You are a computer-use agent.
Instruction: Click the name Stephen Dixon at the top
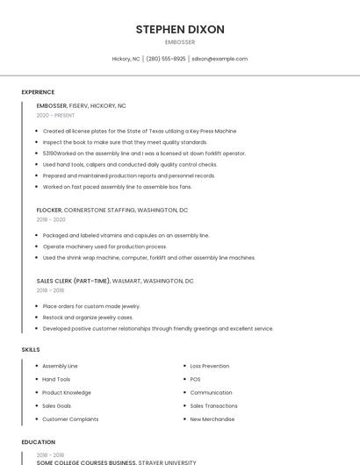(x=180, y=29)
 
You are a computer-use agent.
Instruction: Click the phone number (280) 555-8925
(x=166, y=59)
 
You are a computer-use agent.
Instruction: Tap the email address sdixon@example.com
(x=220, y=59)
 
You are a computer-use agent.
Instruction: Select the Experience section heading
(x=38, y=92)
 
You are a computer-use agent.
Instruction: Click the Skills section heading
(x=31, y=349)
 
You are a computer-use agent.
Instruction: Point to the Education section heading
(x=38, y=442)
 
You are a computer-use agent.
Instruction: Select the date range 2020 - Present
(x=55, y=115)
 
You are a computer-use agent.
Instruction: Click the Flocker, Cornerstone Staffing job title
(x=112, y=211)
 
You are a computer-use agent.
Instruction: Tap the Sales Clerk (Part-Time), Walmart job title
(x=115, y=281)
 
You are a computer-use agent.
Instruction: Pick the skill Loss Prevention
(x=209, y=366)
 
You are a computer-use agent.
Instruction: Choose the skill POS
(x=195, y=379)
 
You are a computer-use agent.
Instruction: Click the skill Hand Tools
(x=56, y=379)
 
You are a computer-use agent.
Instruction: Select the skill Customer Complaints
(x=70, y=419)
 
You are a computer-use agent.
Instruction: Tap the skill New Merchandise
(x=212, y=419)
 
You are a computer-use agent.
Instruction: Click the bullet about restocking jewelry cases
(x=88, y=318)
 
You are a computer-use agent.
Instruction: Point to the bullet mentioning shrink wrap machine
(x=148, y=258)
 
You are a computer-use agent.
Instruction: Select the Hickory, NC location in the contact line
(x=126, y=59)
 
